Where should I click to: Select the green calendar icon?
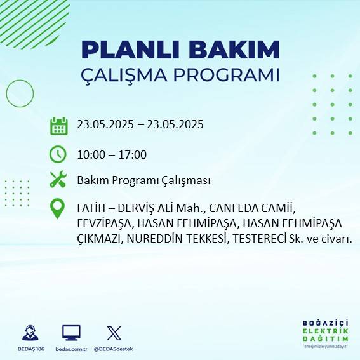point(58,125)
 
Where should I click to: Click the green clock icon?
point(58,154)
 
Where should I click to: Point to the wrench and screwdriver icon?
point(58,180)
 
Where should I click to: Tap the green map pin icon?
point(58,209)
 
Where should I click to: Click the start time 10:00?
point(90,154)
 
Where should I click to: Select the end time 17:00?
point(134,154)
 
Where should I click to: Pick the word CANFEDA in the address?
point(232,208)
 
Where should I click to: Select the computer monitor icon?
point(71,333)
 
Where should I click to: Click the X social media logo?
point(114,333)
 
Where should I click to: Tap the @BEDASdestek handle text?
point(114,349)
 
